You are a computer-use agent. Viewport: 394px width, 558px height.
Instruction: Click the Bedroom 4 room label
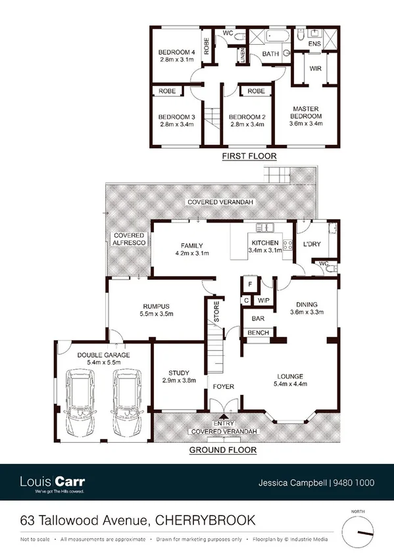coord(177,52)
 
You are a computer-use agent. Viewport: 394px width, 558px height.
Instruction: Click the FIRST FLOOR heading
coord(249,156)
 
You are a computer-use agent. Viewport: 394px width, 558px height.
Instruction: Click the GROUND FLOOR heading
coord(222,451)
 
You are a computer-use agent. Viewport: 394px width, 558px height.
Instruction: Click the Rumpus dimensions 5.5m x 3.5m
coord(156,315)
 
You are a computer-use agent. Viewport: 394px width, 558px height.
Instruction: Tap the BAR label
coord(258,319)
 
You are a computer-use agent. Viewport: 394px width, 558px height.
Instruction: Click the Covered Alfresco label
coord(128,239)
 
